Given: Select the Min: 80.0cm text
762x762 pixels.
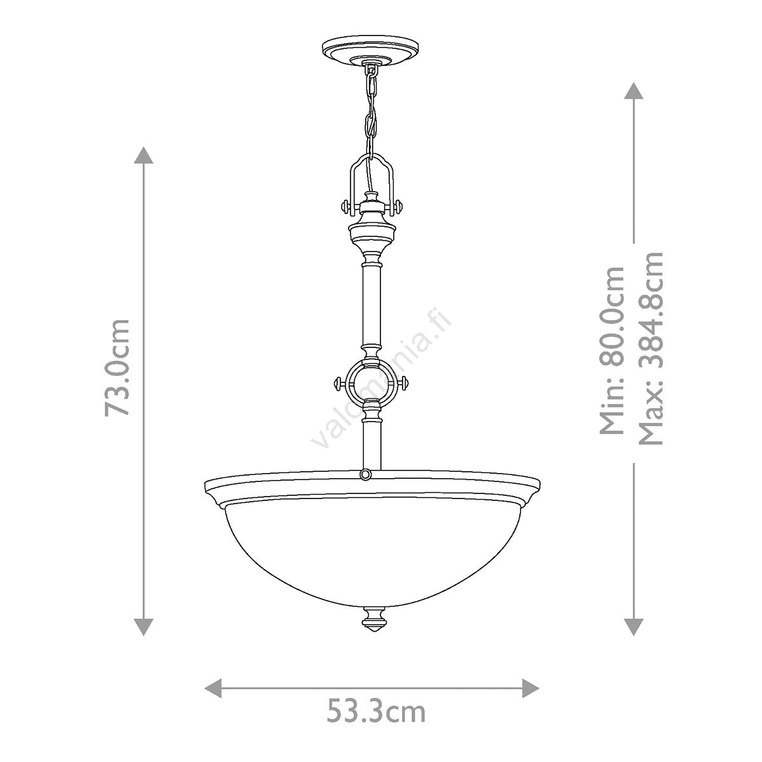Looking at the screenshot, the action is point(612,351).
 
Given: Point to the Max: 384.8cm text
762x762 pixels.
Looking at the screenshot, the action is point(650,348).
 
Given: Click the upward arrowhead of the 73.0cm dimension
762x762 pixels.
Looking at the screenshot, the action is point(144,156).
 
